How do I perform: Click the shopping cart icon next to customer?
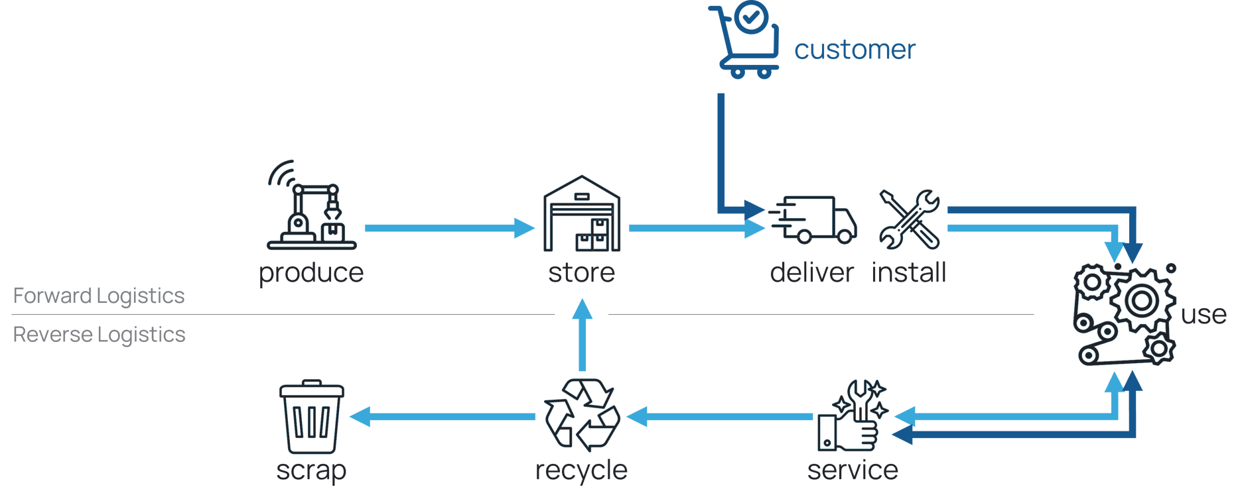click(744, 40)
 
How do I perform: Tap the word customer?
click(855, 50)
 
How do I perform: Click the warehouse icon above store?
click(582, 214)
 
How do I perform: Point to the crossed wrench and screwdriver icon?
click(909, 220)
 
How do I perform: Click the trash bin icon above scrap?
click(311, 417)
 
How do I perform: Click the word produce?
click(311, 273)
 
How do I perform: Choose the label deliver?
click(811, 273)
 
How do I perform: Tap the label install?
click(908, 273)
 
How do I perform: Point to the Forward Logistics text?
click(99, 296)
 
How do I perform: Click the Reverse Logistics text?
click(99, 335)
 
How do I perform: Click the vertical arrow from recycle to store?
click(583, 338)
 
